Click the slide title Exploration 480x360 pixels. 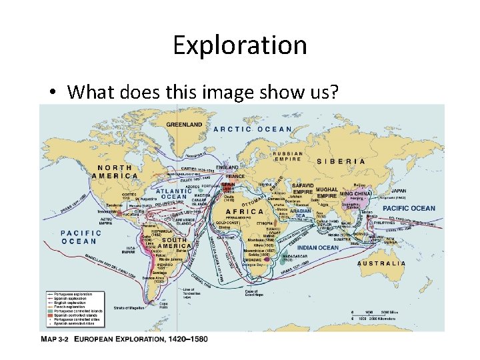pos(240,45)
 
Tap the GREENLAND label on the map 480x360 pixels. pos(184,125)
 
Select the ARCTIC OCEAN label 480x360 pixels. pos(253,129)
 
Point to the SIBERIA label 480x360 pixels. pos(341,161)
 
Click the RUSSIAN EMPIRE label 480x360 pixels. pos(288,157)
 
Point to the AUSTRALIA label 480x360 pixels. pos(381,263)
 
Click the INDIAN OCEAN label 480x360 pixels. pos(317,248)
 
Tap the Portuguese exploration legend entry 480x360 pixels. pos(73,294)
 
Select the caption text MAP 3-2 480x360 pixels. pos(55,339)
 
